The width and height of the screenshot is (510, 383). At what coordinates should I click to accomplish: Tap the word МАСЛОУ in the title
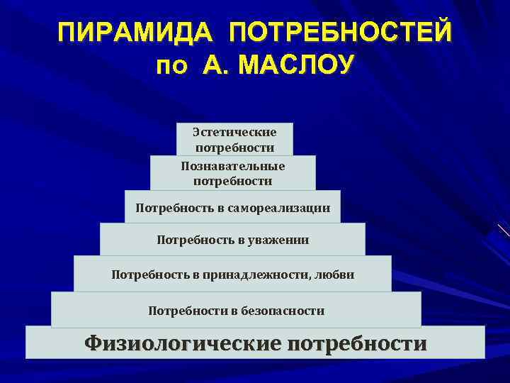297,66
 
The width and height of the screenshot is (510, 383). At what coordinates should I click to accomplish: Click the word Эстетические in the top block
234,133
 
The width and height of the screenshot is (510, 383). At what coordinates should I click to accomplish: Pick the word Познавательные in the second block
233,166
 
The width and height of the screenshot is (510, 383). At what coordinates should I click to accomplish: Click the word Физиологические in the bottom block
182,343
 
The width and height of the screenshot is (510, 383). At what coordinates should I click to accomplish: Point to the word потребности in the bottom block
357,343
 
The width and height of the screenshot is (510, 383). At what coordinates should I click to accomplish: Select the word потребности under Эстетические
234,148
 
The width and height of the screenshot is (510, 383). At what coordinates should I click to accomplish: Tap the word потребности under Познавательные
233,181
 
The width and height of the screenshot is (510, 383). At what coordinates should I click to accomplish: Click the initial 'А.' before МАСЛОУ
216,66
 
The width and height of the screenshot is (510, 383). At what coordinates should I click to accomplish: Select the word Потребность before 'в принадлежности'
144,274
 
